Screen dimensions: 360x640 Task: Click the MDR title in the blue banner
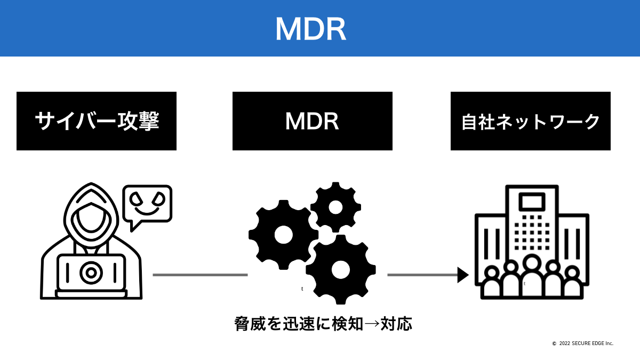click(310, 29)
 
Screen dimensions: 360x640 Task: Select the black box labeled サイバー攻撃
click(97, 121)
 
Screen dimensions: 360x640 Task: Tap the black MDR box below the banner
click(312, 121)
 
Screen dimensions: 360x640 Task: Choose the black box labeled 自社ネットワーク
click(530, 121)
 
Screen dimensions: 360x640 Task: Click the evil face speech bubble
click(147, 203)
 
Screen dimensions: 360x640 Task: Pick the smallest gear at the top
click(335, 207)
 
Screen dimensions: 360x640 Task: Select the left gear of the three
click(283, 235)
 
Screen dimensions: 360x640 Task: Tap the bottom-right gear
click(340, 270)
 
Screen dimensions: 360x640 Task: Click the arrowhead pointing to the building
click(462, 275)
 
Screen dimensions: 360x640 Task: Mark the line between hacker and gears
click(200, 275)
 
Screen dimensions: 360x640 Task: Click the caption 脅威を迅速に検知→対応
click(323, 324)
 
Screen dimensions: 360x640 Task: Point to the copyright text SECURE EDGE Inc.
click(583, 343)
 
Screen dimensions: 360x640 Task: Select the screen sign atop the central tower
click(532, 202)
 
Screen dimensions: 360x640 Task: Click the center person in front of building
click(532, 277)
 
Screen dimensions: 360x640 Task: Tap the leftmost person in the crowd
click(492, 283)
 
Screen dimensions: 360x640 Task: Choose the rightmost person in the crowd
click(572, 283)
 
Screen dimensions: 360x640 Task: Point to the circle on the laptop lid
click(91, 273)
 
